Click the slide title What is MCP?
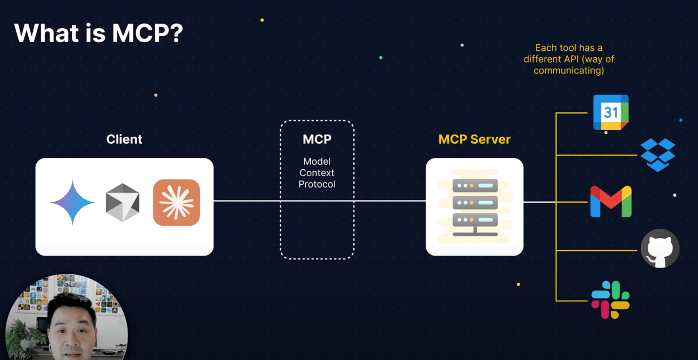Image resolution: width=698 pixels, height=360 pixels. (x=98, y=33)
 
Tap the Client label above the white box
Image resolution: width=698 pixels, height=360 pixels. (x=124, y=139)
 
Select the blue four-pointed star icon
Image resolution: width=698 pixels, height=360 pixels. (x=72, y=202)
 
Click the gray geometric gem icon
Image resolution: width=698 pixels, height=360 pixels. (x=123, y=203)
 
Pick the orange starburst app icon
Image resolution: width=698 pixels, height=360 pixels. (x=176, y=203)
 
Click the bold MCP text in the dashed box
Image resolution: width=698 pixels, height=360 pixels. (x=317, y=139)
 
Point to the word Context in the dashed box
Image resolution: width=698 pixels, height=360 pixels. (x=317, y=172)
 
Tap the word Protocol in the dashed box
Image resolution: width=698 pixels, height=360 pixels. (x=317, y=184)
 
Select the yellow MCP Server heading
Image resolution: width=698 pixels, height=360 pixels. (x=474, y=139)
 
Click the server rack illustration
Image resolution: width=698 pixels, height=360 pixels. (x=475, y=206)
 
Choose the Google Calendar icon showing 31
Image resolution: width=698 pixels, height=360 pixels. (x=610, y=112)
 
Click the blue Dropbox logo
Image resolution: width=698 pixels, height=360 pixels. (x=658, y=155)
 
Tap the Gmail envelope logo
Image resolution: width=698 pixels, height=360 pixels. (x=610, y=201)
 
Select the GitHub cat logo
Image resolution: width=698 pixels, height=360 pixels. (x=660, y=249)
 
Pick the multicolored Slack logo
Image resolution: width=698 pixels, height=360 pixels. (x=610, y=300)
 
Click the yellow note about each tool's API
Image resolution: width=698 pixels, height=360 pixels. (x=569, y=59)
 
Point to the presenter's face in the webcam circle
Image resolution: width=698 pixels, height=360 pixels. (x=72, y=327)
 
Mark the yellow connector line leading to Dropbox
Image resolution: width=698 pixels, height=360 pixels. (x=596, y=155)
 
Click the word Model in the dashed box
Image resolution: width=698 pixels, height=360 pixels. (x=317, y=162)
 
